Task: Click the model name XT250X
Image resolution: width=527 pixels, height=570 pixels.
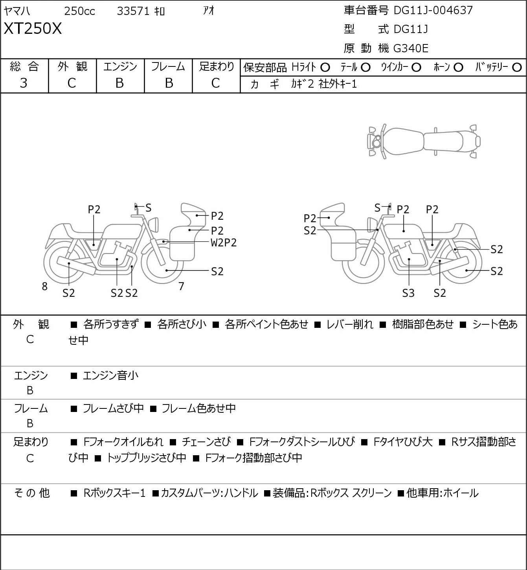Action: (33, 29)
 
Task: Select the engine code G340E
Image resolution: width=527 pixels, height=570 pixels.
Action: (411, 48)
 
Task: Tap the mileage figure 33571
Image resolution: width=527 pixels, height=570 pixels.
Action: (133, 11)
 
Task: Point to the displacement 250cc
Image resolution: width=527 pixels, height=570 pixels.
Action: (79, 11)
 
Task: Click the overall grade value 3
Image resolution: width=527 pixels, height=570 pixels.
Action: (24, 83)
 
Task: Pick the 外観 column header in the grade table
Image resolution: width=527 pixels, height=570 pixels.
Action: (72, 66)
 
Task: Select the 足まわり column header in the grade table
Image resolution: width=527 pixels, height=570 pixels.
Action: (216, 66)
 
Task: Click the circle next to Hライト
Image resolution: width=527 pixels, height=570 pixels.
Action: (325, 68)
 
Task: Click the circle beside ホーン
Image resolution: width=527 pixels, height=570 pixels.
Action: (458, 68)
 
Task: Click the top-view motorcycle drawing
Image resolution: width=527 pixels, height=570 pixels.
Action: (424, 142)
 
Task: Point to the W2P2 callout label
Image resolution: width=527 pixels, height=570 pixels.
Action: (224, 243)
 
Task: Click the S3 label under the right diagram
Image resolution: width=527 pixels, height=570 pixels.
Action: (408, 293)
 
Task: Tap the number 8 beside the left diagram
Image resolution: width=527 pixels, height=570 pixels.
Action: (45, 287)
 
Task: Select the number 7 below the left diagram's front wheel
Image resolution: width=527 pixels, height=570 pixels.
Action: (181, 287)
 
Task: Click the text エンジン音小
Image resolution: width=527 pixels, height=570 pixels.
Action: (110, 376)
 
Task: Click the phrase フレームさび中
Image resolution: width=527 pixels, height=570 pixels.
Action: (113, 409)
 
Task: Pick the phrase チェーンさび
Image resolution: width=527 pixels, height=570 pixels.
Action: (206, 442)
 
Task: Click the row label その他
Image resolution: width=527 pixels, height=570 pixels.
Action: (31, 493)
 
